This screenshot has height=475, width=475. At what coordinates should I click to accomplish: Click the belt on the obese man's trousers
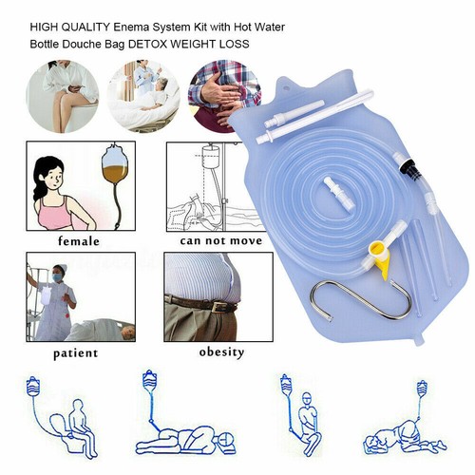[x=200, y=305]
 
